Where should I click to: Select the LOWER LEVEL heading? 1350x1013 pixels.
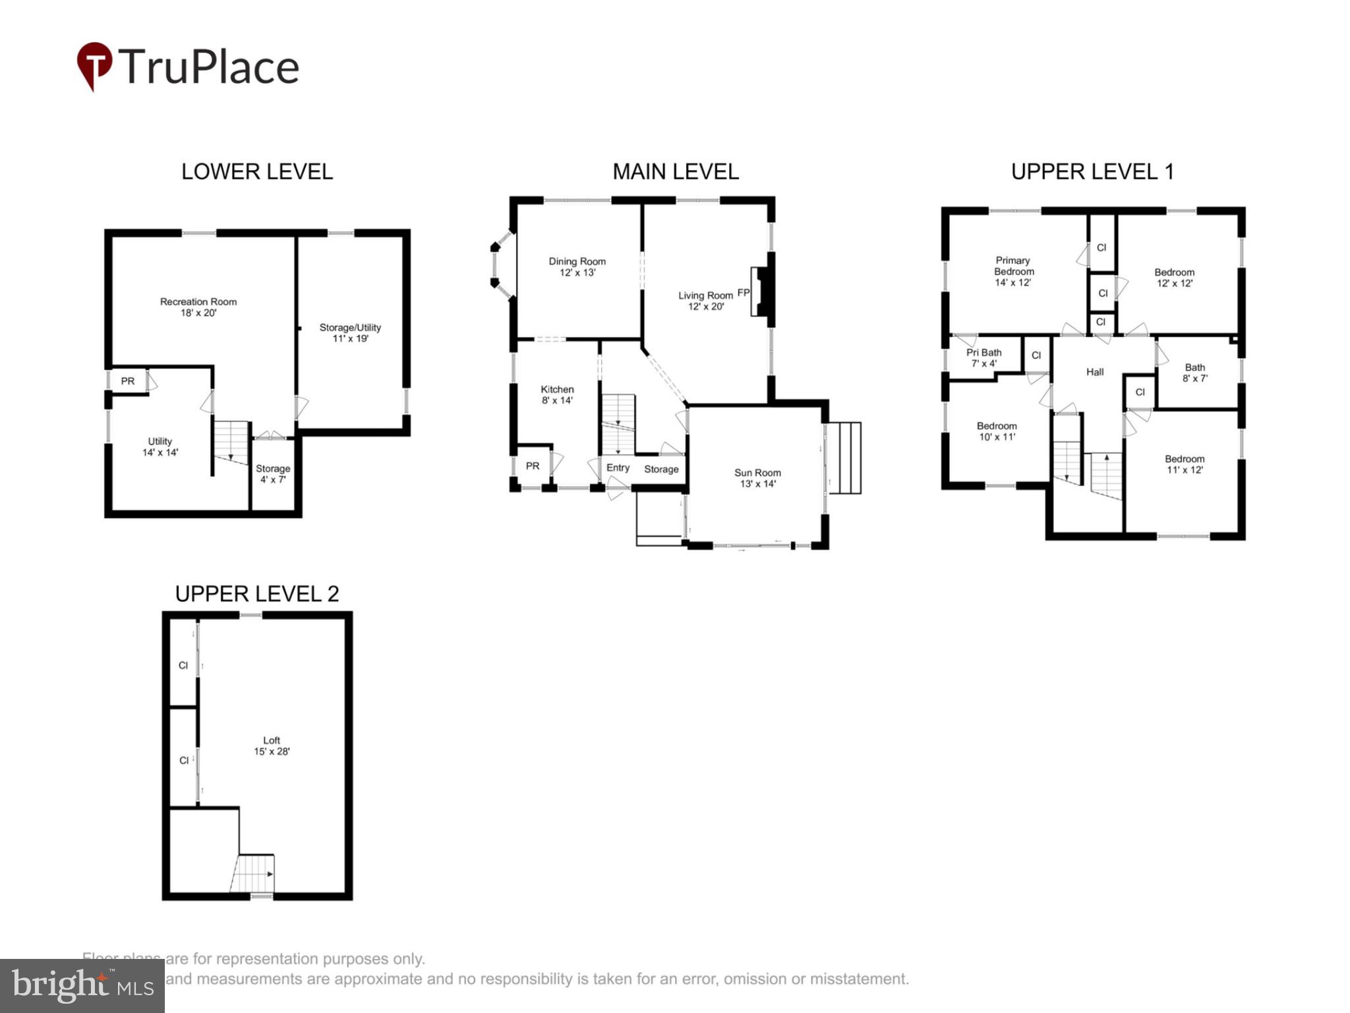[257, 172]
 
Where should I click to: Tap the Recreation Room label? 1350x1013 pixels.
[198, 307]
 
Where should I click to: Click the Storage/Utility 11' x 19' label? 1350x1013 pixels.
[350, 332]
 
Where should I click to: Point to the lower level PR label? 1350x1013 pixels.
[127, 381]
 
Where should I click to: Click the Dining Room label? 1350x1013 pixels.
[577, 266]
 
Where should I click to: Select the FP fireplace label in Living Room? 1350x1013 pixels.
[743, 292]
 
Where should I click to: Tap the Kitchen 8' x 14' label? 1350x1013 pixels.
[557, 394]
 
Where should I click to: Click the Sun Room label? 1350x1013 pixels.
[757, 477]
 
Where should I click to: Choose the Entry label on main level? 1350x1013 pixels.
[618, 468]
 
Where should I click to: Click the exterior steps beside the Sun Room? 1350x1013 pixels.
[844, 458]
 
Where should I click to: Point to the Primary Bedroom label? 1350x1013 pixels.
[1013, 271]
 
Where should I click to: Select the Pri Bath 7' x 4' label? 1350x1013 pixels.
[983, 357]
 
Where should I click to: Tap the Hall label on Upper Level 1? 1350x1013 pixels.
[1094, 372]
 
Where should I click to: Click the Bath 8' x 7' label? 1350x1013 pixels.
[1194, 373]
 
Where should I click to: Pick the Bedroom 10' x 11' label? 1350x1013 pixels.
[996, 431]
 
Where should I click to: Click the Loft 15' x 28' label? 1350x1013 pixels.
[272, 745]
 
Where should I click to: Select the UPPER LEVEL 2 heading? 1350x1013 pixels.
[257, 594]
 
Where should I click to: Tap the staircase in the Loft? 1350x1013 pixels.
[254, 874]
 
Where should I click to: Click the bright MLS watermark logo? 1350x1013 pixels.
[82, 985]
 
